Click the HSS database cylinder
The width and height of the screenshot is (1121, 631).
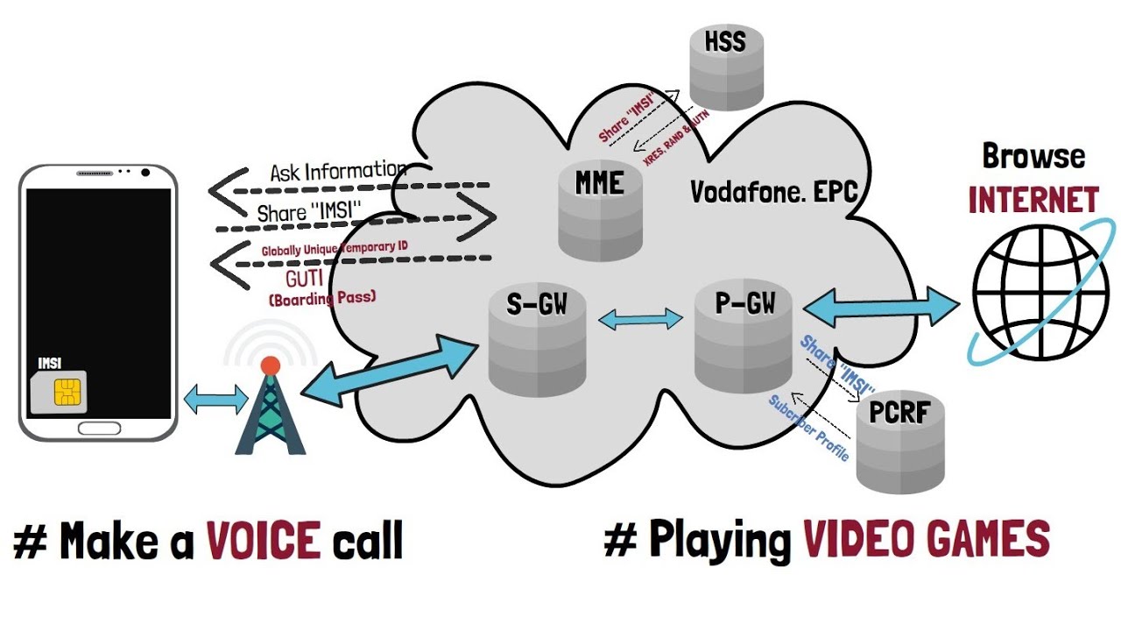click(725, 66)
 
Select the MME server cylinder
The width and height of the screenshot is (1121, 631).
click(601, 210)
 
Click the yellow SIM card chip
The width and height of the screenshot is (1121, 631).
click(69, 393)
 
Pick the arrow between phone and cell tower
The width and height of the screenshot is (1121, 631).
click(216, 401)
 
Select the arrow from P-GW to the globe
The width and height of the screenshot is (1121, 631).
click(880, 307)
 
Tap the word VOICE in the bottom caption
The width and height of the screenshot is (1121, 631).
click(264, 541)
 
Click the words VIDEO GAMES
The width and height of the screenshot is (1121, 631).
click(926, 539)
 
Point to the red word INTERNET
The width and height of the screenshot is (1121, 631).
click(1033, 200)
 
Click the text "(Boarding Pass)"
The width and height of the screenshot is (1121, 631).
click(321, 298)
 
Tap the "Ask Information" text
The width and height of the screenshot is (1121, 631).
click(337, 171)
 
